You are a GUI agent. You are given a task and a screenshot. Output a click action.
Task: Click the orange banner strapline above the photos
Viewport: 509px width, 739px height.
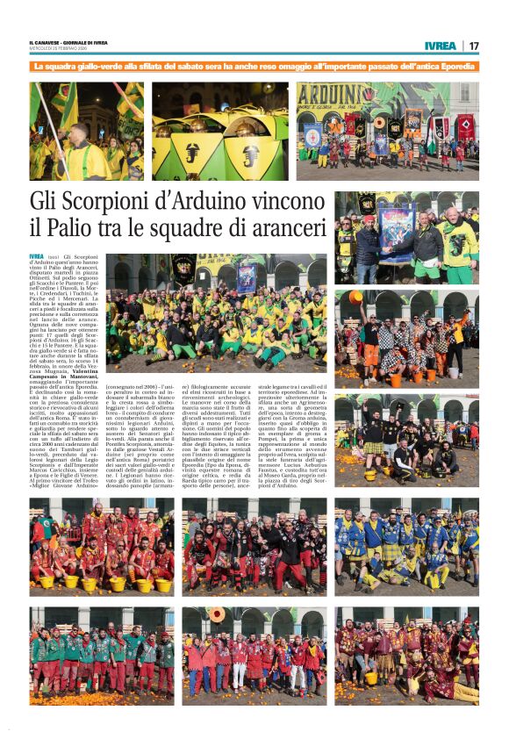point(254,67)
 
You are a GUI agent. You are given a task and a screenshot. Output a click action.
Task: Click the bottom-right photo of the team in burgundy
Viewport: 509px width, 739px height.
point(406,654)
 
